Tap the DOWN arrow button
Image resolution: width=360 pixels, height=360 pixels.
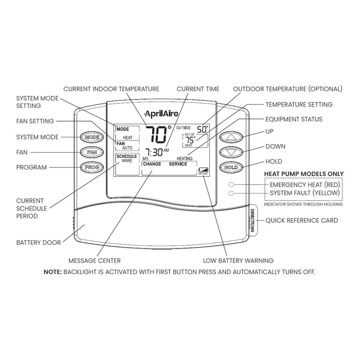(231, 152)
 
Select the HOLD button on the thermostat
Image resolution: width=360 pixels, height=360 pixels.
(231, 167)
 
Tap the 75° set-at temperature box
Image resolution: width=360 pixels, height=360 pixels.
(195, 140)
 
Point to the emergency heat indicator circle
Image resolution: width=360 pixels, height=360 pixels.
(231, 185)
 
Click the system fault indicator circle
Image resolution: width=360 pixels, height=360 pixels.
(231, 193)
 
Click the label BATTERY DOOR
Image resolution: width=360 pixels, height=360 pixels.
(38, 243)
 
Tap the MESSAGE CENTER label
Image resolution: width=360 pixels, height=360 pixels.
(94, 261)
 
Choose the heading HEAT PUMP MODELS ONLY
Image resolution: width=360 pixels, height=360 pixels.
(303, 174)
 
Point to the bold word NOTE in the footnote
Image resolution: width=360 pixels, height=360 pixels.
(54, 272)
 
